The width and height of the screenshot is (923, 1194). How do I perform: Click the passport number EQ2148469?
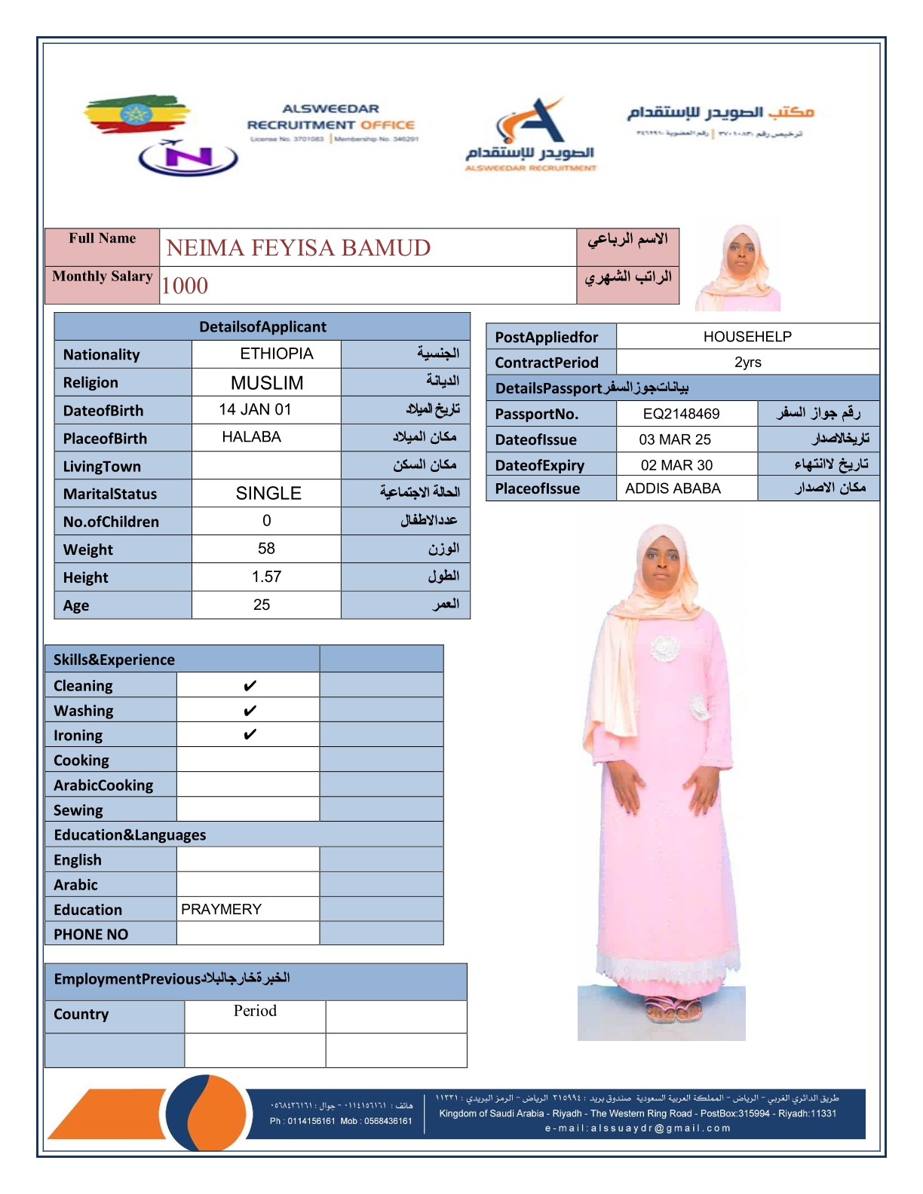click(x=681, y=414)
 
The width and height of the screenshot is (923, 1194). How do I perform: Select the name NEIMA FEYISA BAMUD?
click(x=299, y=248)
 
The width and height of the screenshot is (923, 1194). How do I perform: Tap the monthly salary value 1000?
click(x=185, y=286)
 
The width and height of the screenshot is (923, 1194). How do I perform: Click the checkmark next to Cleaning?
click(x=250, y=686)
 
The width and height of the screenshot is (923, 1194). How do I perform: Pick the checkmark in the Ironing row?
click(x=250, y=735)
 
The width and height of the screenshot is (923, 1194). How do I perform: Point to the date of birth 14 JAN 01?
click(x=255, y=409)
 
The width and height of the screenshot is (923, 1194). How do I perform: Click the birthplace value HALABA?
click(x=251, y=437)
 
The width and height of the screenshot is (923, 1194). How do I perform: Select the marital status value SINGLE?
click(x=268, y=494)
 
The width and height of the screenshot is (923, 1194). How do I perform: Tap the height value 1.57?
click(x=266, y=577)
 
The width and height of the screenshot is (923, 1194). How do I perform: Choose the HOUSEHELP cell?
click(x=747, y=337)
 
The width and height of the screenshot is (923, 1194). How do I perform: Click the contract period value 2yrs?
click(x=747, y=363)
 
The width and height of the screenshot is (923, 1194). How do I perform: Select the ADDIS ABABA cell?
click(x=673, y=488)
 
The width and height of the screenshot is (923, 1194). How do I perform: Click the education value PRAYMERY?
click(x=221, y=910)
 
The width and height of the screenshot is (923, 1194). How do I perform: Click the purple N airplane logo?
click(x=188, y=158)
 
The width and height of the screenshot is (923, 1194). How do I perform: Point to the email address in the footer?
click(x=638, y=1128)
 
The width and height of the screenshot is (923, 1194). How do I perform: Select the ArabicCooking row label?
click(x=103, y=785)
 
